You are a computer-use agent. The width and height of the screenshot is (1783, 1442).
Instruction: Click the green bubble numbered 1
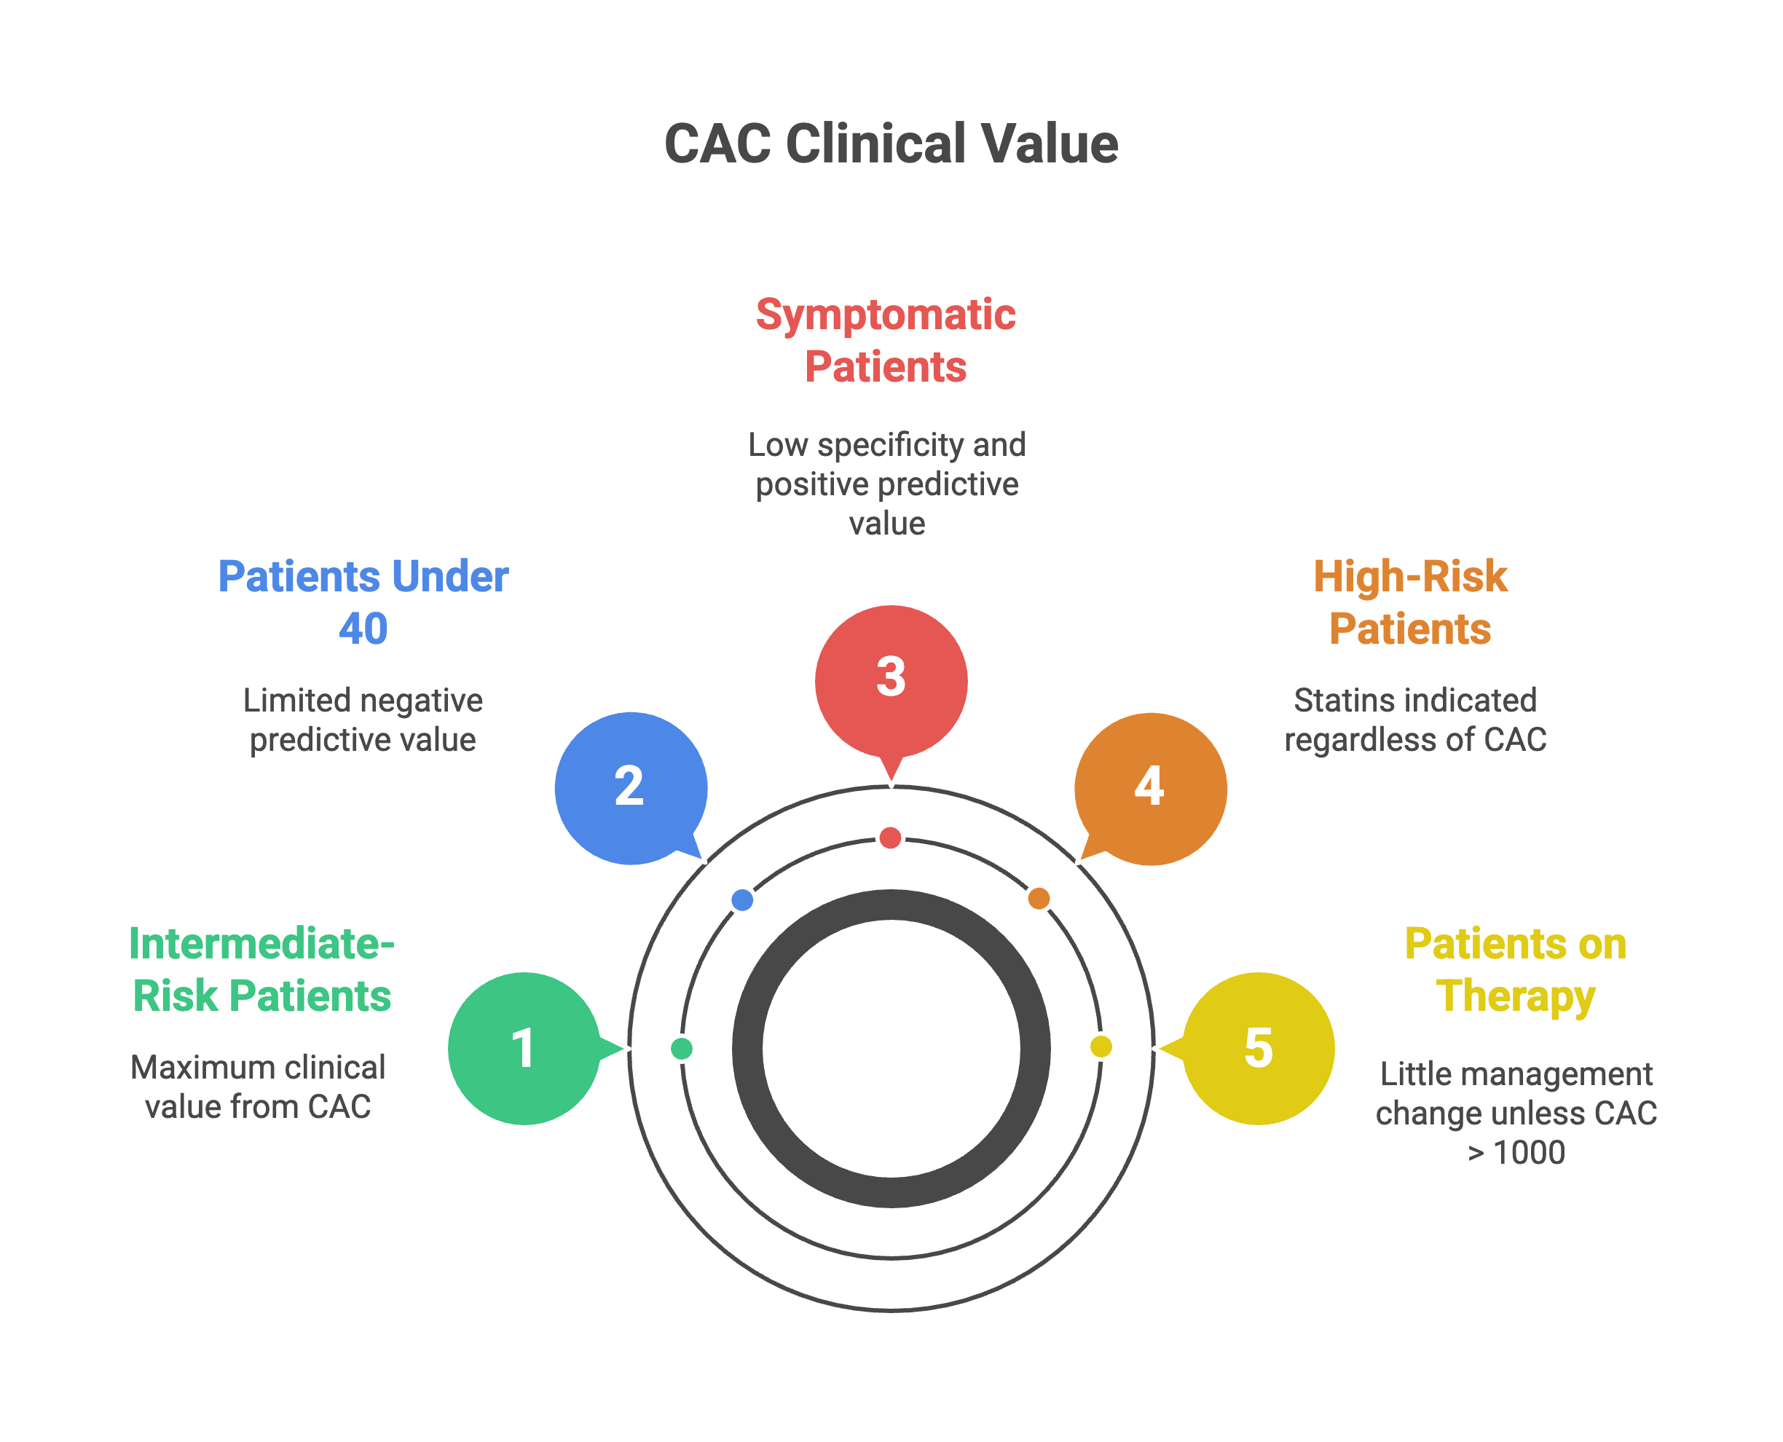524,1047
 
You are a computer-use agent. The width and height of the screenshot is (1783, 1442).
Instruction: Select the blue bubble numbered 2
631,787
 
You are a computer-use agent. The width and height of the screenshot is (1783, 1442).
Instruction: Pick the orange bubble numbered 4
1151,788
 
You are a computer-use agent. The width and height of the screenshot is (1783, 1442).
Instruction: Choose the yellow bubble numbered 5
1259,1047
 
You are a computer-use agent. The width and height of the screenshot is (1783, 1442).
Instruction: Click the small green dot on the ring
681,1048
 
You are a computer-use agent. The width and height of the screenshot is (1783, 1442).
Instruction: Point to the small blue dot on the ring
742,899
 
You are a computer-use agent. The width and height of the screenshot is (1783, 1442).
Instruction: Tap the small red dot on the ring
891,838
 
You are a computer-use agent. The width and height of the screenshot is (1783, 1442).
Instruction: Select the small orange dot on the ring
1039,898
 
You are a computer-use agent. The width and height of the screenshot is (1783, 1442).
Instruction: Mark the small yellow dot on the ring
1101,1047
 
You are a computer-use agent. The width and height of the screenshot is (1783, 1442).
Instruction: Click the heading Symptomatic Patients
886,341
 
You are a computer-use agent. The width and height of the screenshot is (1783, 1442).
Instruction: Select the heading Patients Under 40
363,602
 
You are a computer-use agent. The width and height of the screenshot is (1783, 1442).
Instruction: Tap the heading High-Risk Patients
1410,602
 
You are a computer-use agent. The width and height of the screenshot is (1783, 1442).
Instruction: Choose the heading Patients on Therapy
1516,969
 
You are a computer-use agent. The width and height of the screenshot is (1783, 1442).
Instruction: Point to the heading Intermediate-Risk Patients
261,969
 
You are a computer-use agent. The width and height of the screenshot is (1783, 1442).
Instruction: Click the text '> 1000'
1516,1152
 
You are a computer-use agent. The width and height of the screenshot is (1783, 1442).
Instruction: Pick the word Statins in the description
1333,700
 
